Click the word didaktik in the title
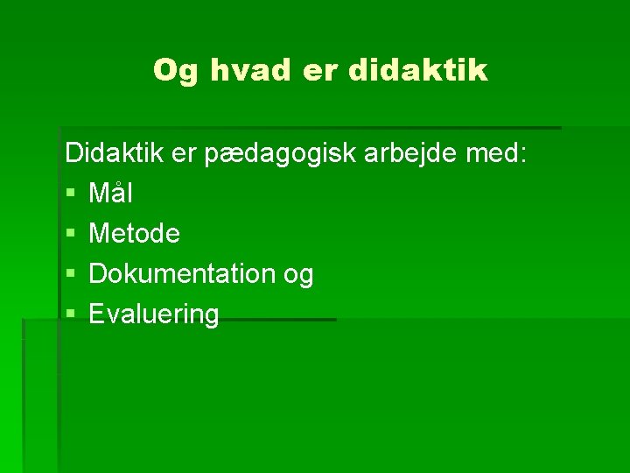pyautogui.click(x=417, y=70)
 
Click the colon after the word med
pyautogui.click(x=523, y=155)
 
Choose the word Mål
pyautogui.click(x=111, y=193)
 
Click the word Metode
pyautogui.click(x=135, y=234)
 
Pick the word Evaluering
pyautogui.click(x=154, y=315)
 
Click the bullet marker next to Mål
pyautogui.click(x=70, y=194)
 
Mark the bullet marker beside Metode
pyautogui.click(x=70, y=234)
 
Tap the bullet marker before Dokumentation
pyautogui.click(x=70, y=275)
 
